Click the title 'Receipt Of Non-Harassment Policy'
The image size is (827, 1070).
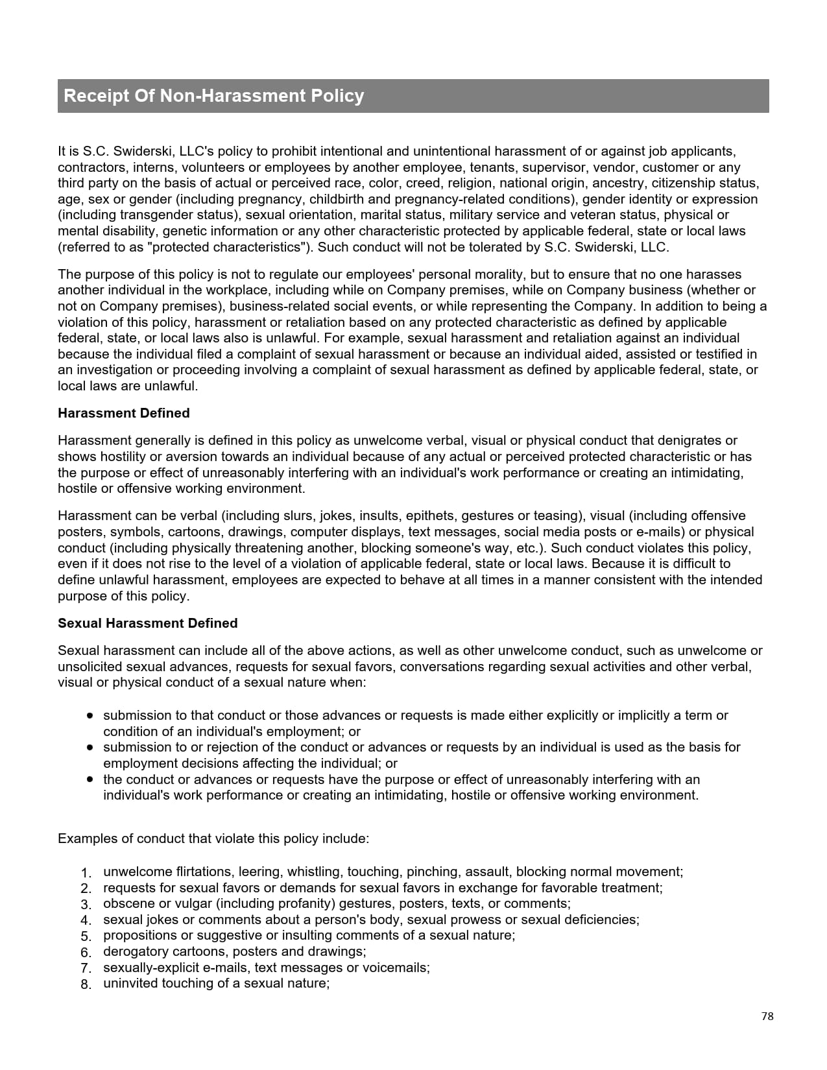coord(213,96)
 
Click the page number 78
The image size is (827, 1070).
coord(767,1016)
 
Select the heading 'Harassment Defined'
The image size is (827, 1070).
coord(123,413)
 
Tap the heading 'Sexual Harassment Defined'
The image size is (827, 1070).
coord(147,623)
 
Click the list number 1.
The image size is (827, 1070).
coord(86,873)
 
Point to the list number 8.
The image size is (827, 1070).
coord(86,984)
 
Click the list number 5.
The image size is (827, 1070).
coord(86,936)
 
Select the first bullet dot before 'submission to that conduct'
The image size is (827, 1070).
coord(90,715)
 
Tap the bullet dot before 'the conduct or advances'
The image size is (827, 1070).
coord(90,779)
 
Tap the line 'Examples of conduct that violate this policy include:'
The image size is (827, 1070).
coord(213,838)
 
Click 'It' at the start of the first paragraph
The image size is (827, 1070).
coord(62,151)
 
